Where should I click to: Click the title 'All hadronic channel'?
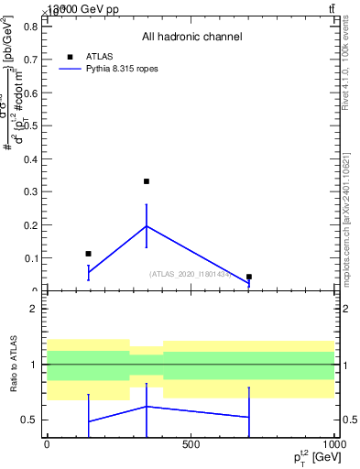(191, 37)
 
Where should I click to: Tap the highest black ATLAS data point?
(147, 181)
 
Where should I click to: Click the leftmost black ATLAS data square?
(88, 254)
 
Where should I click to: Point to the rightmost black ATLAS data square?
(249, 277)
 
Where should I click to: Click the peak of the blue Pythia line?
(147, 225)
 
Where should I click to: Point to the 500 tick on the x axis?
(191, 446)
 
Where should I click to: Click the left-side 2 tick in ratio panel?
(33, 310)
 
